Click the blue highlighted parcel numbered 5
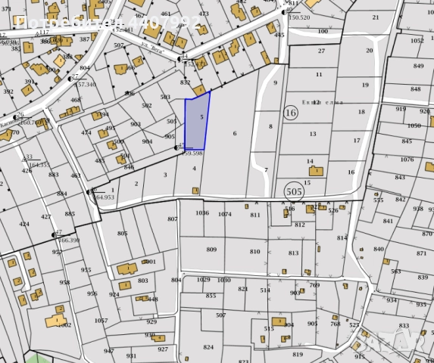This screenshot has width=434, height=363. pos(196,121)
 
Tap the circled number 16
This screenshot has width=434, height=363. pos(290,113)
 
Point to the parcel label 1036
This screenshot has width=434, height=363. pos(201,214)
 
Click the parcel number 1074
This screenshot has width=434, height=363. pos(225,214)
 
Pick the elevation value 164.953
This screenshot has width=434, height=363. pos(105,197)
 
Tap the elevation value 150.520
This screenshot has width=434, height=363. pos(299,17)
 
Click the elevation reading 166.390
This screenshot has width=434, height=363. pos(69,240)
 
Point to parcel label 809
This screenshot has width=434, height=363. pos(211,249)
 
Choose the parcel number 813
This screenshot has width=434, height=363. pos(294,253)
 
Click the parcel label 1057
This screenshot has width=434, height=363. pos(101,321)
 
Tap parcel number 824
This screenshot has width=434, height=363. pos(208,347)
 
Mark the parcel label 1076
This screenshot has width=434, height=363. pos(407,160)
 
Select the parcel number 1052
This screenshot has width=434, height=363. pos(417,41)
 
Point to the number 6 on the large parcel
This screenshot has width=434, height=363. pos(235,133)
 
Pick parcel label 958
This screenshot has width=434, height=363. pos(65,283)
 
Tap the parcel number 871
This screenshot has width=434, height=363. pos(422,253)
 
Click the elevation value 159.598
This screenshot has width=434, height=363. pos(192,153)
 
